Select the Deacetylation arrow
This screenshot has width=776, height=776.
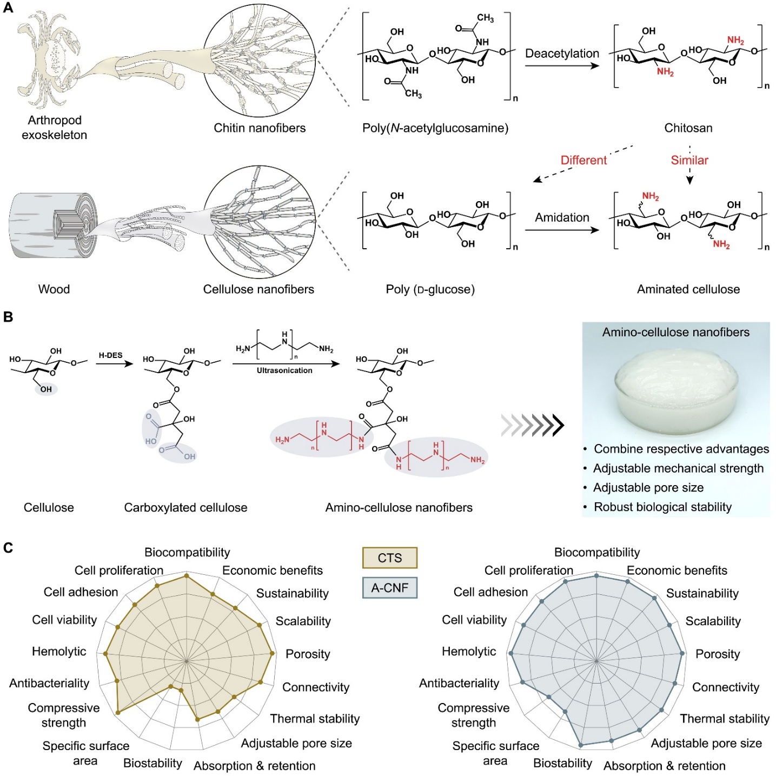pos(562,66)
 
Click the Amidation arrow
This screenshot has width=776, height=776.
pos(562,230)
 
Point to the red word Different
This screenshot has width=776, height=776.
pos(583,160)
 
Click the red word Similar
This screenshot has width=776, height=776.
pos(689,160)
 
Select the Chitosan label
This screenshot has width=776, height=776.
pos(688,128)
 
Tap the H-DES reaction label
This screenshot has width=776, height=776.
pos(110,355)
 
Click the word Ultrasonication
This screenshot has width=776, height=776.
pos(284,370)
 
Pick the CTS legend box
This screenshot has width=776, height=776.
pos(389,558)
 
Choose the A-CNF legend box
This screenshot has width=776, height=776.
pos(389,588)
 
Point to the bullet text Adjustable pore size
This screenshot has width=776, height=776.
pos(648,488)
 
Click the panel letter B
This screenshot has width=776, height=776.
pos(8,317)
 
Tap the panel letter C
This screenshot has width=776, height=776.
pos(8,548)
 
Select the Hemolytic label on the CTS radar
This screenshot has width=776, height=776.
pos(59,652)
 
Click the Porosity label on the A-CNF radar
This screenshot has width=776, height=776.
pos(717,654)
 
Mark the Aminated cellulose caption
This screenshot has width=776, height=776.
pos(688,289)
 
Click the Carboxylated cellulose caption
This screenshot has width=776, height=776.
pos(185,508)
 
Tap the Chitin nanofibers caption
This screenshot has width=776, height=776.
pos(260,128)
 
